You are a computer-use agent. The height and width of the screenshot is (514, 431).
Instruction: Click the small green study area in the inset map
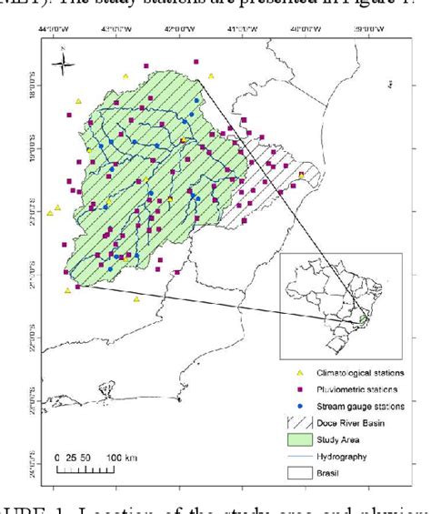(365, 318)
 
